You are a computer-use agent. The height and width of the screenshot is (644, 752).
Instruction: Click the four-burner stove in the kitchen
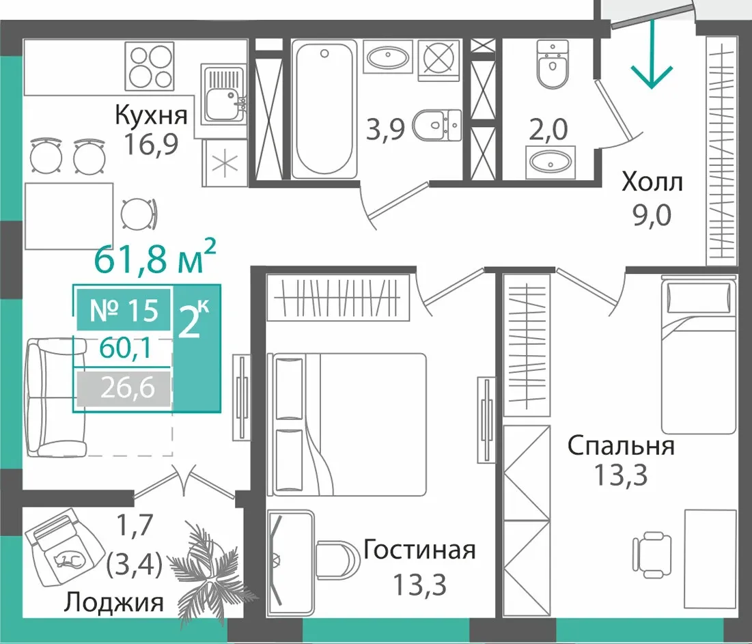149,66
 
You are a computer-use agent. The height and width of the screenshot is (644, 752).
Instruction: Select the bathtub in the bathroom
325,109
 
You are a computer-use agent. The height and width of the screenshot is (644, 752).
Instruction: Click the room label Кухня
151,115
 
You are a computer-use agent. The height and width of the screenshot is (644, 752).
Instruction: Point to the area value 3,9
385,130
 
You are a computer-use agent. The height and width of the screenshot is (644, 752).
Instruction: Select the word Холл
652,182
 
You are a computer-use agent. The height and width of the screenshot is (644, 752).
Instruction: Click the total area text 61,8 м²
156,258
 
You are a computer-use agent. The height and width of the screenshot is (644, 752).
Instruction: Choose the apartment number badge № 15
124,310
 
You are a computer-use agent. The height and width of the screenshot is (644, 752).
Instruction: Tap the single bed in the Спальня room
698,354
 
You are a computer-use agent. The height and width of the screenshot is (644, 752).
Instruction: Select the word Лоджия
113,602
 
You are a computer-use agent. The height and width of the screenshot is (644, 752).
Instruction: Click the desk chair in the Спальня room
652,555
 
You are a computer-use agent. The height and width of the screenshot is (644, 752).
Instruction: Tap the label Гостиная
419,550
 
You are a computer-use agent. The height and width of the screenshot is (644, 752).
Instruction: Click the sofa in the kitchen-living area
56,397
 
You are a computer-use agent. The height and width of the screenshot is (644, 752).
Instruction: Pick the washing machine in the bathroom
439,60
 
